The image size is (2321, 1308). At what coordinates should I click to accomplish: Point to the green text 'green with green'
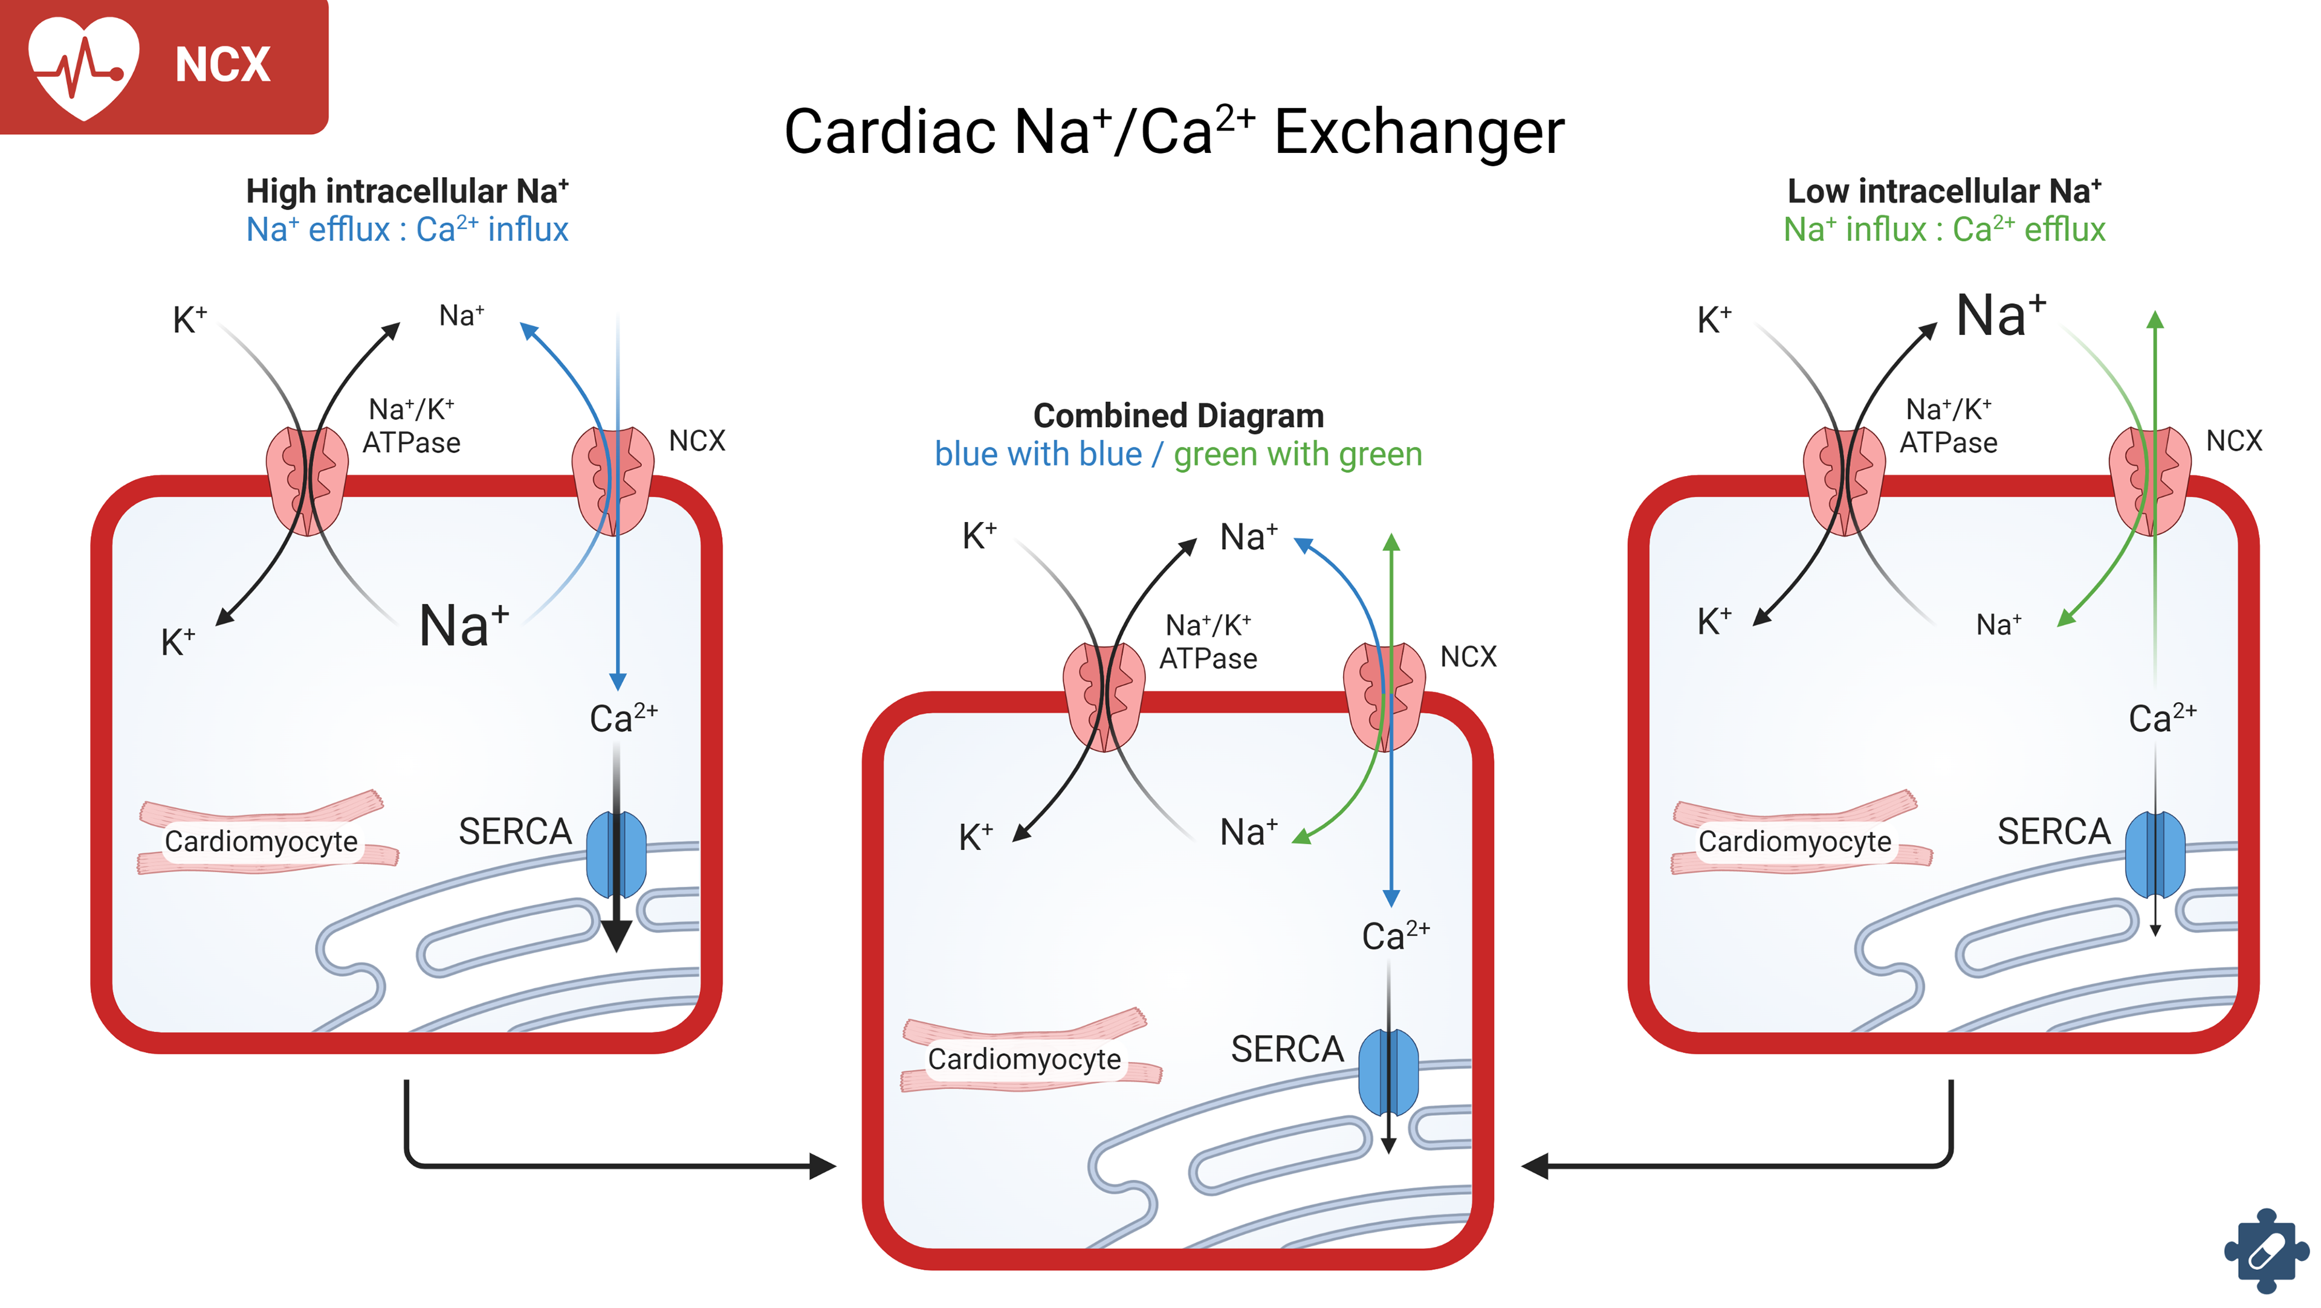1298,454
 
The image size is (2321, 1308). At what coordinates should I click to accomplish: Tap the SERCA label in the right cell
2053,831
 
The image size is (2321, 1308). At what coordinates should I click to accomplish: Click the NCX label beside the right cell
2233,440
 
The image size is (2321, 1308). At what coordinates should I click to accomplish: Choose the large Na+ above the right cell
2000,315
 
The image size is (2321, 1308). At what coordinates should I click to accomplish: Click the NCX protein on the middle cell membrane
1384,697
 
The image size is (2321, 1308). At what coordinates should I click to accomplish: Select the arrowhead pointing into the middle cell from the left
823,1165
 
